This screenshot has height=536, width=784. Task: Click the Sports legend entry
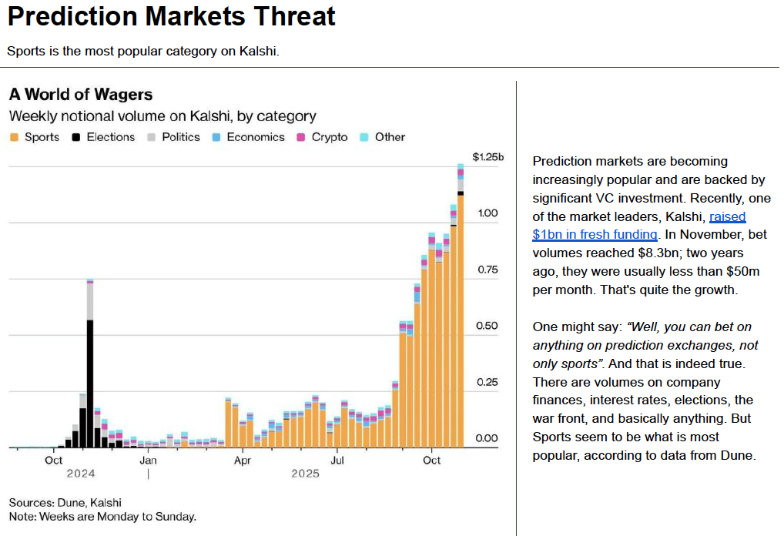click(x=35, y=137)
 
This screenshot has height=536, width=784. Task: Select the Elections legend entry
click(x=103, y=137)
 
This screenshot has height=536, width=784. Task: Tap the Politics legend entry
click(x=174, y=137)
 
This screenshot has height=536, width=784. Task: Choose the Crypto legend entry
click(x=322, y=137)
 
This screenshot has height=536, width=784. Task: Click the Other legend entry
click(x=383, y=137)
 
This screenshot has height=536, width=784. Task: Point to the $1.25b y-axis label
click(x=487, y=157)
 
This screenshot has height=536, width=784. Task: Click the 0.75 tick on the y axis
click(x=487, y=270)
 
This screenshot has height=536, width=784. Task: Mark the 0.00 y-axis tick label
click(x=487, y=438)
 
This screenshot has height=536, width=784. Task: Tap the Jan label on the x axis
click(x=149, y=461)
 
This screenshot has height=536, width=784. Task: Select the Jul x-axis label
click(x=337, y=461)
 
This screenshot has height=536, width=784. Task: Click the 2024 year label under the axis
click(x=80, y=474)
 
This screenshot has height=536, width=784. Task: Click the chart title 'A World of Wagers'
click(x=81, y=95)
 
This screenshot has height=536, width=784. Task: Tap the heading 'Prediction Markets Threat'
click(x=172, y=17)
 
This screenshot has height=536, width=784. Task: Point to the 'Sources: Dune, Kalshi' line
click(x=65, y=502)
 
